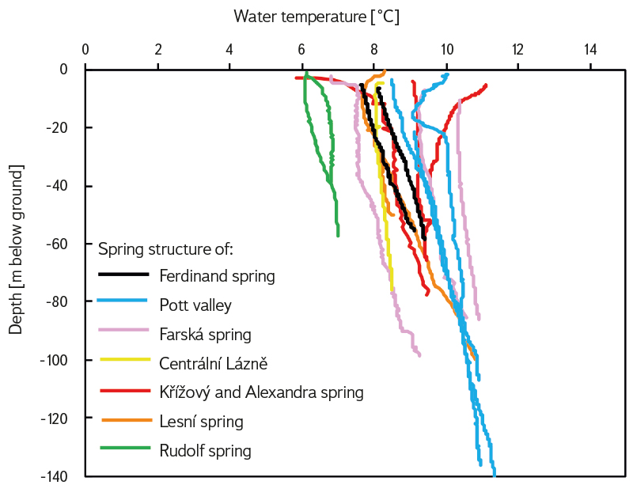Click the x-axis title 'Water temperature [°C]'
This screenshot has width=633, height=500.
[316, 16]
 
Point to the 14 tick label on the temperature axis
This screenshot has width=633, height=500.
[590, 49]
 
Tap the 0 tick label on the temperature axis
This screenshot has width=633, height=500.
[85, 49]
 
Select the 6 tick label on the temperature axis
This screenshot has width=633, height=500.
[301, 49]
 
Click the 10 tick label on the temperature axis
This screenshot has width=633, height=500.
[446, 49]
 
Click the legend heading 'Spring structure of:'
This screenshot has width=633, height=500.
[165, 250]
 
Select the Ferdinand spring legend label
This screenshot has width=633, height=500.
[217, 276]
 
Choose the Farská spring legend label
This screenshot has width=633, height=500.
[205, 334]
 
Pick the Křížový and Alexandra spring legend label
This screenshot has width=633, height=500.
[261, 392]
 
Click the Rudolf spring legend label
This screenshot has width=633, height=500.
[205, 451]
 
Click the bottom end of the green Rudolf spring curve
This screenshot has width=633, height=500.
[338, 236]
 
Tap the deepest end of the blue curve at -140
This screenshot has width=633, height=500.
[495, 475]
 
